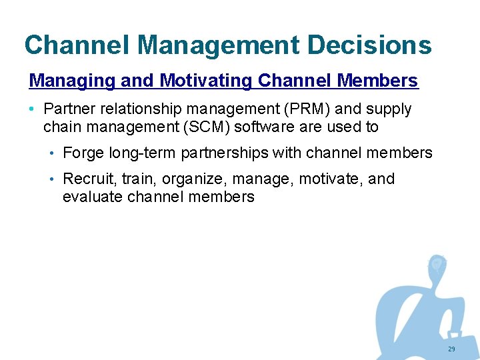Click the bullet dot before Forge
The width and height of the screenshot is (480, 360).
tap(52, 153)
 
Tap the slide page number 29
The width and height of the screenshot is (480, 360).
tap(451, 349)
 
